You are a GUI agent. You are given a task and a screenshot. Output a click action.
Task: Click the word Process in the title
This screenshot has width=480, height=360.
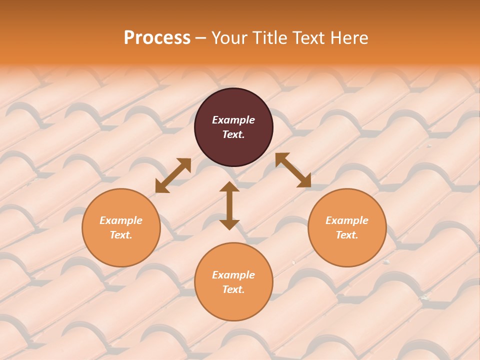[157, 38]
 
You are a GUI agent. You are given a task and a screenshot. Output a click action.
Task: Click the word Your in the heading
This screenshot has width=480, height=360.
[230, 38]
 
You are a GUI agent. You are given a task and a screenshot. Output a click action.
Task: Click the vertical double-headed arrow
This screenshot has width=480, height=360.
[229, 206]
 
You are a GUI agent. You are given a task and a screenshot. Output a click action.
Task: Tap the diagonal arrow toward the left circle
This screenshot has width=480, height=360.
[173, 175]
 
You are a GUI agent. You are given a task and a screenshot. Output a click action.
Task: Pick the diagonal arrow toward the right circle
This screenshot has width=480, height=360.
[293, 170]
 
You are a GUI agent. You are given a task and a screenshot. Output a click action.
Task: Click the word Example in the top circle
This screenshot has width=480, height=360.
[233, 120]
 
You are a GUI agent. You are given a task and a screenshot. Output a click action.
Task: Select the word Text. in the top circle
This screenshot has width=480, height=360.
[233, 134]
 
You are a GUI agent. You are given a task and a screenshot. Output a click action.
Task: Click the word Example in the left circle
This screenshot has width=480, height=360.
[121, 220]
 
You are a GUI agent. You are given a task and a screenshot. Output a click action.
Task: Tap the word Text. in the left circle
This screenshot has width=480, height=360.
[121, 235]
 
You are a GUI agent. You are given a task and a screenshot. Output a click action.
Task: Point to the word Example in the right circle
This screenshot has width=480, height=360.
[347, 220]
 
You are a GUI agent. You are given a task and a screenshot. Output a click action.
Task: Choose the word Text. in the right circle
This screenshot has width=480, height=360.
[347, 235]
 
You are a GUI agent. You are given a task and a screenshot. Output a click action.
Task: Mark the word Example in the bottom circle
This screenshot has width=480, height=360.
[233, 275]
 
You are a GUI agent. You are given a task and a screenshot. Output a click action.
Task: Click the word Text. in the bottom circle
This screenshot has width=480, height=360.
[233, 289]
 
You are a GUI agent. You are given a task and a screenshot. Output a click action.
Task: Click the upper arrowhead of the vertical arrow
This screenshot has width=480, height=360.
[229, 186]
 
